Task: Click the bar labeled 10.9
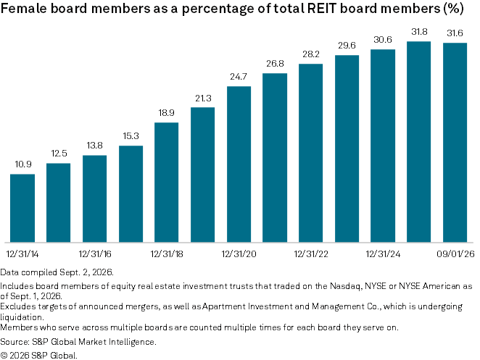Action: tap(22, 208)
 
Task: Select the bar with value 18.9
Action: tap(167, 183)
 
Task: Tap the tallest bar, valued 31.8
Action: tap(419, 142)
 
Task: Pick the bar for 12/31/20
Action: tap(239, 164)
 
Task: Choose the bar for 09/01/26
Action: tap(455, 143)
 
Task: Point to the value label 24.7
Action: tap(239, 77)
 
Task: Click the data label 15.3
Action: tap(131, 135)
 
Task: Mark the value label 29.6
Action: tap(347, 46)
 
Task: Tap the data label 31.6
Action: tap(455, 33)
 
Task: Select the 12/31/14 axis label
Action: tap(22, 254)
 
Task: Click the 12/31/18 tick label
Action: tap(167, 254)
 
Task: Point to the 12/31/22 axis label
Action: tap(311, 254)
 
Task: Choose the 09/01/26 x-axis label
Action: tap(455, 254)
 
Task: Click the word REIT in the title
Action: tap(322, 8)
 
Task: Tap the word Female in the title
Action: tap(24, 8)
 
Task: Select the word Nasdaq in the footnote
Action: tap(344, 286)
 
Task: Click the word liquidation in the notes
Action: tap(22, 317)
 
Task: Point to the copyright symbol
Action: tap(4, 356)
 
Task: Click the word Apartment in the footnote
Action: tap(223, 306)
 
